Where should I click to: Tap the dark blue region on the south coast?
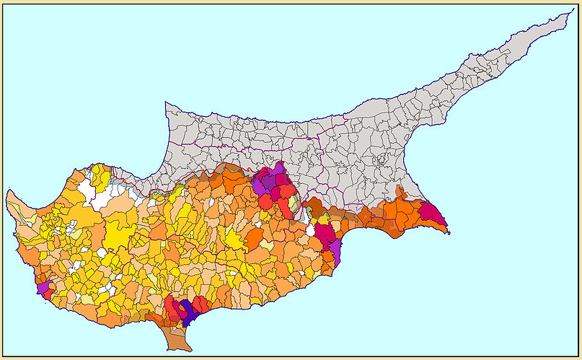point(188,312)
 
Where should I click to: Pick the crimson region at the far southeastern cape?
point(433,213)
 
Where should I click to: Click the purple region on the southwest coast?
point(43,286)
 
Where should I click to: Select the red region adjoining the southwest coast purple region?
point(49,294)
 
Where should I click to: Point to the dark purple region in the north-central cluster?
point(268,182)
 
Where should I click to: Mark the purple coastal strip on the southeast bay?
point(335,250)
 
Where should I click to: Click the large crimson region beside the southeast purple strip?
point(325,234)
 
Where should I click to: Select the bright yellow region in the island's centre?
point(234,240)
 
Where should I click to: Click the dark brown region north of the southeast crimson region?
point(315,210)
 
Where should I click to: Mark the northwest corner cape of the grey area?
point(167,104)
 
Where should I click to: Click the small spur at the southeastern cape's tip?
point(448,232)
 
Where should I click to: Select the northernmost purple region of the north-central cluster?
point(278,170)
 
